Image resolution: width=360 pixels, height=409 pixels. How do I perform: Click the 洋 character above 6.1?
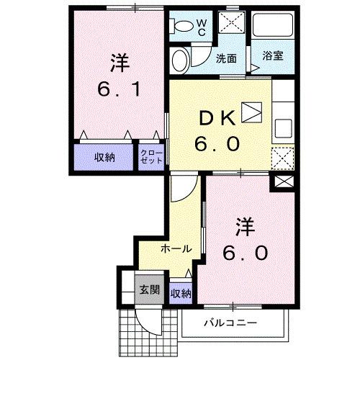tap(120, 63)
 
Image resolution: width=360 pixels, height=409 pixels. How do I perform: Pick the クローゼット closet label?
tap(151, 157)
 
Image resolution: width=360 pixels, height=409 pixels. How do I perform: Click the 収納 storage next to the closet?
tap(105, 158)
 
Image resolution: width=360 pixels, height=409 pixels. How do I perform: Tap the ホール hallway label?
tap(176, 248)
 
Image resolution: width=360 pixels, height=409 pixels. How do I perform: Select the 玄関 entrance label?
tap(149, 291)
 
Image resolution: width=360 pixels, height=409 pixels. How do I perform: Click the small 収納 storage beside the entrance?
tap(181, 292)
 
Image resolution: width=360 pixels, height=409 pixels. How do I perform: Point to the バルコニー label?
tap(230, 323)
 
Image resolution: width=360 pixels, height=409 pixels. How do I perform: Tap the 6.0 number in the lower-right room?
tap(246, 253)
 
